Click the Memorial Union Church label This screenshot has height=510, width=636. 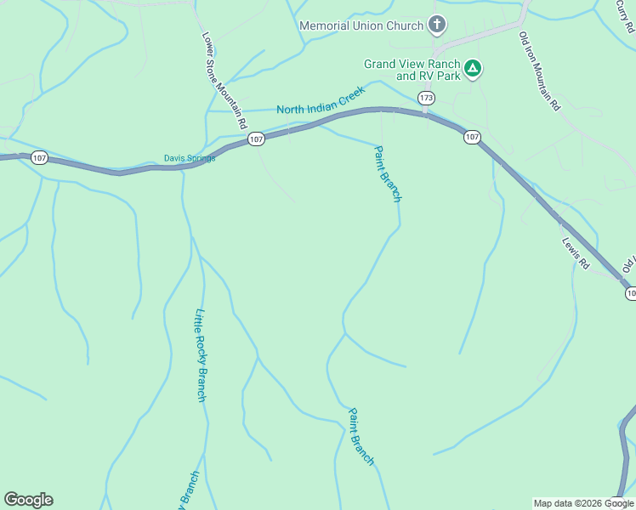pyautogui.click(x=361, y=25)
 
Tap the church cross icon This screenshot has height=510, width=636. pyautogui.click(x=437, y=25)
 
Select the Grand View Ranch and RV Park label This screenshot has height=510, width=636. pyautogui.click(x=412, y=70)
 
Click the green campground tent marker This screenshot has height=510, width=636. pyautogui.click(x=473, y=68)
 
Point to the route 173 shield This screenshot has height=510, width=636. pyautogui.click(x=426, y=99)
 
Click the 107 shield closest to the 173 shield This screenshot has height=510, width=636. pyautogui.click(x=473, y=137)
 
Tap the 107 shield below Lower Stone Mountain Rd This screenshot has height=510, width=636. pyautogui.click(x=256, y=138)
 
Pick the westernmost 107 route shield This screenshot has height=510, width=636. pyautogui.click(x=39, y=157)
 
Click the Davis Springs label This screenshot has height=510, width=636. pyautogui.click(x=190, y=158)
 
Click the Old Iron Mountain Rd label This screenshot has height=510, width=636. pyautogui.click(x=540, y=71)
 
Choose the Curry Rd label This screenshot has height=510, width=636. pyautogui.click(x=626, y=14)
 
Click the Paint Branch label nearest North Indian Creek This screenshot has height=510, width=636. pyautogui.click(x=388, y=173)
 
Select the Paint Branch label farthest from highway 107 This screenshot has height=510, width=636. pyautogui.click(x=361, y=436)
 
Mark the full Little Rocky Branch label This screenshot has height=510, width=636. pyautogui.click(x=201, y=354)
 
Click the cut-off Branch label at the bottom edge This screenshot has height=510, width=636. pyautogui.click(x=189, y=490)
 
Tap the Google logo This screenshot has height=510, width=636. pyautogui.click(x=28, y=500)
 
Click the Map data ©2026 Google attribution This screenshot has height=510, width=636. pyautogui.click(x=583, y=503)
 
